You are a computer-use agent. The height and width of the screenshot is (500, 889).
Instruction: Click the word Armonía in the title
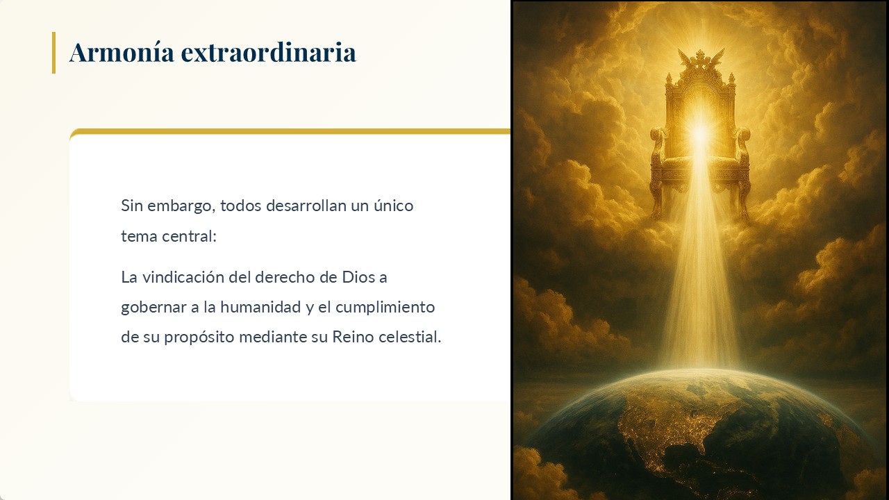(122, 52)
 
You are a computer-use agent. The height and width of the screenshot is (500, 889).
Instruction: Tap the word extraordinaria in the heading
(268, 52)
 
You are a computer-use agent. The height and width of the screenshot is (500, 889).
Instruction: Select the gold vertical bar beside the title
(53, 52)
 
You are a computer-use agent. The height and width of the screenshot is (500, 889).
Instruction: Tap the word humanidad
(260, 307)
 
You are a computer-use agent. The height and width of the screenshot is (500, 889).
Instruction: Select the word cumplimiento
(385, 308)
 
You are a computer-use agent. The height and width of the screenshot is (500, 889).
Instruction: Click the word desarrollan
(306, 206)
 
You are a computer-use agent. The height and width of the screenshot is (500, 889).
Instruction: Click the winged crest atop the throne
(701, 60)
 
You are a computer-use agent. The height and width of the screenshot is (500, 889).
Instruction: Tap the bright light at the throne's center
(699, 133)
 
